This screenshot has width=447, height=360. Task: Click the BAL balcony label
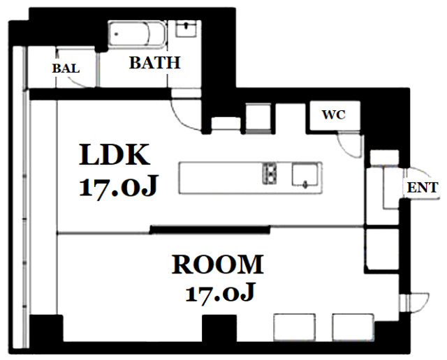tap(66, 68)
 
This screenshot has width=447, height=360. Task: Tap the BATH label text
tap(155, 63)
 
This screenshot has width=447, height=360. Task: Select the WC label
tap(334, 115)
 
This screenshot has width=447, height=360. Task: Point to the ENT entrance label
tap(422, 188)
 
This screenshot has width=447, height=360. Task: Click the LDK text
tap(115, 155)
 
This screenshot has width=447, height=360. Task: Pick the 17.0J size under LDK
tap(118, 186)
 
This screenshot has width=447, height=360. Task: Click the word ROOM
tap(218, 264)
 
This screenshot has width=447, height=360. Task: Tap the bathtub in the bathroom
tap(137, 34)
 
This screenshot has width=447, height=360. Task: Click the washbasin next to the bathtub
tap(186, 29)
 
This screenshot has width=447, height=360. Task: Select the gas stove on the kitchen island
tap(270, 173)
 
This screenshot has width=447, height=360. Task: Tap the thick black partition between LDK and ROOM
tap(210, 230)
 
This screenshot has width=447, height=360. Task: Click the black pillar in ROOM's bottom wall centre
tap(219, 328)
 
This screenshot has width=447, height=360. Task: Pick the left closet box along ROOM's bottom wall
tap(295, 327)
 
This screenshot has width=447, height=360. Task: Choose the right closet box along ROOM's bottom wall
tap(353, 327)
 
